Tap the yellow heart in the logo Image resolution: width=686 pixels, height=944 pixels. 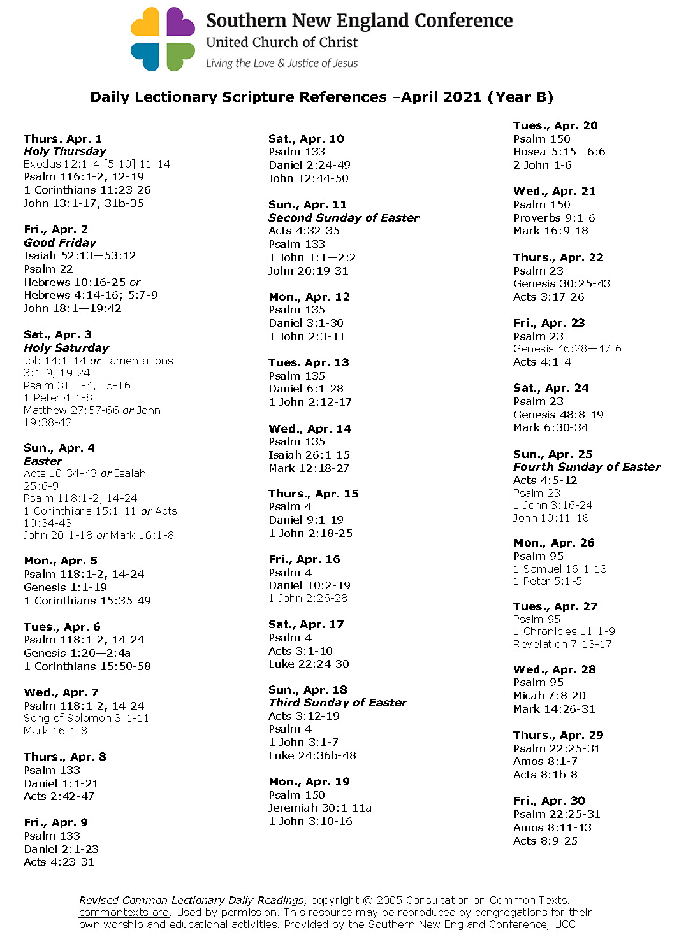tap(146, 23)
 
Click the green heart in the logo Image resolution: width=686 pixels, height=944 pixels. tap(180, 56)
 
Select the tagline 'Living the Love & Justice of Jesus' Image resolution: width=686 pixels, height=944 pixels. tap(281, 63)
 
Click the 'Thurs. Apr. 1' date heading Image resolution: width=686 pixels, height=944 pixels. tap(62, 139)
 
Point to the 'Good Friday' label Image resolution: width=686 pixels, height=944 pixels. tap(60, 243)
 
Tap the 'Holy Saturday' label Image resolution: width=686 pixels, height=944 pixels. tap(66, 348)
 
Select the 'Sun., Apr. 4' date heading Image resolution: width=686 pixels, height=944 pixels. tap(59, 448)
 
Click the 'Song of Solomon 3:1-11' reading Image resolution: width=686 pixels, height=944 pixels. tap(86, 718)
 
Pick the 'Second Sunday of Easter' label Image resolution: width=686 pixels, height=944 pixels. tap(344, 218)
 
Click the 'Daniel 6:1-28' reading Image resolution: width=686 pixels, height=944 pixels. tap(306, 389)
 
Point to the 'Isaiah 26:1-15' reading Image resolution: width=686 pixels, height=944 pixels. tap(309, 455)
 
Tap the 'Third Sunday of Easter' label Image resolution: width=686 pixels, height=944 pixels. tap(337, 703)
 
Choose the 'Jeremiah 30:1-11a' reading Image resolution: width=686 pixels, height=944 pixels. tap(320, 808)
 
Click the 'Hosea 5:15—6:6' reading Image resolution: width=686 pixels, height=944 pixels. tap(559, 152)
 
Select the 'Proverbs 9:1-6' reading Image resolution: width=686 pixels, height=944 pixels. tap(554, 218)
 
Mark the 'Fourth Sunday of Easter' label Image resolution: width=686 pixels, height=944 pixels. tap(587, 467)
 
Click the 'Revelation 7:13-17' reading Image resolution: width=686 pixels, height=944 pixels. tap(562, 644)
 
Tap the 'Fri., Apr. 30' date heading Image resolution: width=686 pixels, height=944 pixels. tap(549, 801)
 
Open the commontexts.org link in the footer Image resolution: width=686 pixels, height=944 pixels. tap(124, 912)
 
